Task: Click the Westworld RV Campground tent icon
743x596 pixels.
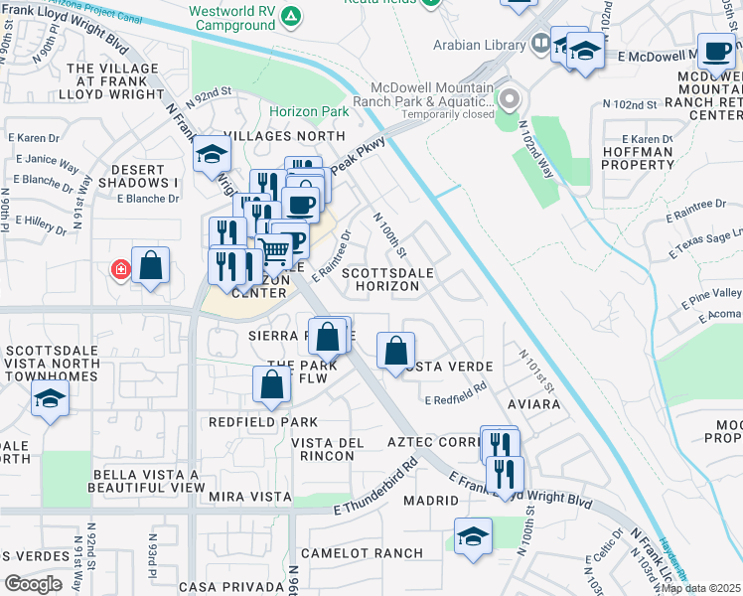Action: coord(290,16)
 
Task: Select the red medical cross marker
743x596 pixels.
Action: coord(121,269)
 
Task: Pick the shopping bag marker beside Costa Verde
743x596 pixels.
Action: coord(395,350)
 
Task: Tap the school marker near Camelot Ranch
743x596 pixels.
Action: coord(473,536)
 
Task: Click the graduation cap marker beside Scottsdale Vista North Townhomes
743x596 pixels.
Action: coord(49,399)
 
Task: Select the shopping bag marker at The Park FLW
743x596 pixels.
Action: coord(271,385)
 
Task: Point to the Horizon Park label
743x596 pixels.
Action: coord(307,112)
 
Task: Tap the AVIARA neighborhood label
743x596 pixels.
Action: coord(534,404)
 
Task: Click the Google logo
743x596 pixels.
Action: coord(33,584)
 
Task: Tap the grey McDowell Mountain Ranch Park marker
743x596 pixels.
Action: coord(510,99)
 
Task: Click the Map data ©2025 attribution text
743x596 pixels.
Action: coord(699,588)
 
